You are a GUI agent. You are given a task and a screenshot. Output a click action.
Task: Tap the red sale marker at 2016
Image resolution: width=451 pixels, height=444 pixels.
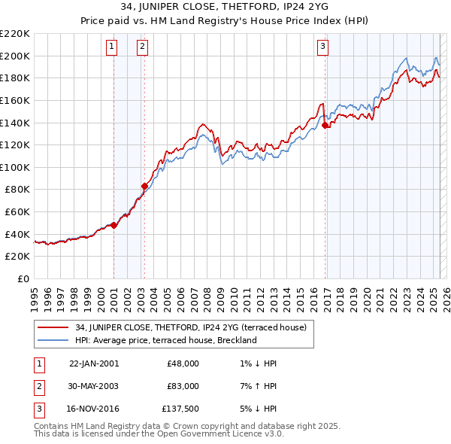click(325, 126)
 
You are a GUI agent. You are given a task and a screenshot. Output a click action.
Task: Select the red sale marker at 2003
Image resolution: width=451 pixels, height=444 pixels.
click(145, 186)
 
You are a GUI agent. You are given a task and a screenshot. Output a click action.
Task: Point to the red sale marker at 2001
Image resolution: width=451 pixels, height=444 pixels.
click(114, 225)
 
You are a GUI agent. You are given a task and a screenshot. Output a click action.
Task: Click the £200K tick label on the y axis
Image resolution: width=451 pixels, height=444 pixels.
click(15, 56)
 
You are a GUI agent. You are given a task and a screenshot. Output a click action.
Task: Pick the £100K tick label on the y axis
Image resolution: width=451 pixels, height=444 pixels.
click(15, 167)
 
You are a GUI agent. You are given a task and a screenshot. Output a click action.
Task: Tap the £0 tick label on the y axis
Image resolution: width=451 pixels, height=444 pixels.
click(23, 278)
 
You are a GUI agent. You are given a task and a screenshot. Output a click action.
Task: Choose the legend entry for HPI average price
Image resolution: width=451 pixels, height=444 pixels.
click(166, 340)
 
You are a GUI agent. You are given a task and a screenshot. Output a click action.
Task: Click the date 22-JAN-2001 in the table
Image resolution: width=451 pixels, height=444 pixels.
click(93, 363)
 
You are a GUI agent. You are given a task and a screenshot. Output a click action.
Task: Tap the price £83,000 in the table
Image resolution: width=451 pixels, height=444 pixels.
click(183, 386)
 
